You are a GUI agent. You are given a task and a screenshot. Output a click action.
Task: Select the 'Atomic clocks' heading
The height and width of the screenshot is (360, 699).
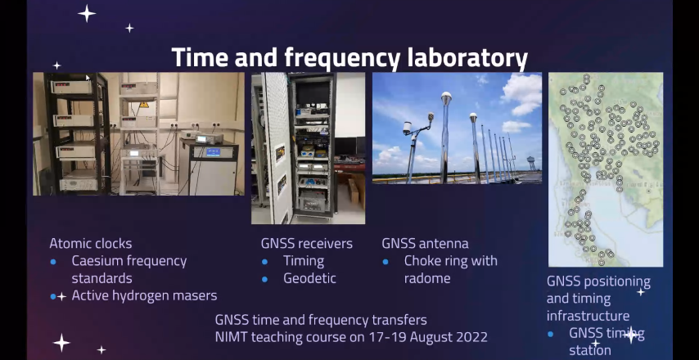click(x=91, y=243)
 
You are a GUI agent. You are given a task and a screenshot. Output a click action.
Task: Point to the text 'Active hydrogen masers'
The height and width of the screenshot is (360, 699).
click(x=144, y=295)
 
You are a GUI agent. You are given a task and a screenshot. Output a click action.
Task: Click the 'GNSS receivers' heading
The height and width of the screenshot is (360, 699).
click(x=307, y=244)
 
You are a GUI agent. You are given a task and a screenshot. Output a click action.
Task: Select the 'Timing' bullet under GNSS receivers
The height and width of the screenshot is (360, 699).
click(x=304, y=261)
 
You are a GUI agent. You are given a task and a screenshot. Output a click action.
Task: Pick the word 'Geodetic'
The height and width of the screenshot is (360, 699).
click(x=309, y=278)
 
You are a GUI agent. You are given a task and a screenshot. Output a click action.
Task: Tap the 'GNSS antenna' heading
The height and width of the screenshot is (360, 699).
click(x=425, y=244)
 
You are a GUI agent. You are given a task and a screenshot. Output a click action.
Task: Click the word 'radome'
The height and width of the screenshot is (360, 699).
click(x=427, y=278)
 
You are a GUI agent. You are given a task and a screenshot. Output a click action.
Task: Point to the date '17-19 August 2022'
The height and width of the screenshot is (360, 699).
click(x=428, y=336)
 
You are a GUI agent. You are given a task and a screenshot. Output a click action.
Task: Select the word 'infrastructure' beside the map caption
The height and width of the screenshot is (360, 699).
click(x=588, y=316)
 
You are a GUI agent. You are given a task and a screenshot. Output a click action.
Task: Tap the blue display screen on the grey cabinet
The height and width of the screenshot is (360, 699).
click(x=213, y=152)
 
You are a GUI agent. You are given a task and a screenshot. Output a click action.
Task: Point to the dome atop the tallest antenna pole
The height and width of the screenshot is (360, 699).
click(x=446, y=97)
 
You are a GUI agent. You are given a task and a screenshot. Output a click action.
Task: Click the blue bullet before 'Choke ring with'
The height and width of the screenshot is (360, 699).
click(x=386, y=262)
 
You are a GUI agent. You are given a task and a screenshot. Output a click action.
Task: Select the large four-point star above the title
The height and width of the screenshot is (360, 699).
click(x=87, y=13)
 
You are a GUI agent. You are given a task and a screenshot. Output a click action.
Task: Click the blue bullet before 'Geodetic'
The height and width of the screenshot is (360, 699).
click(x=265, y=279)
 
